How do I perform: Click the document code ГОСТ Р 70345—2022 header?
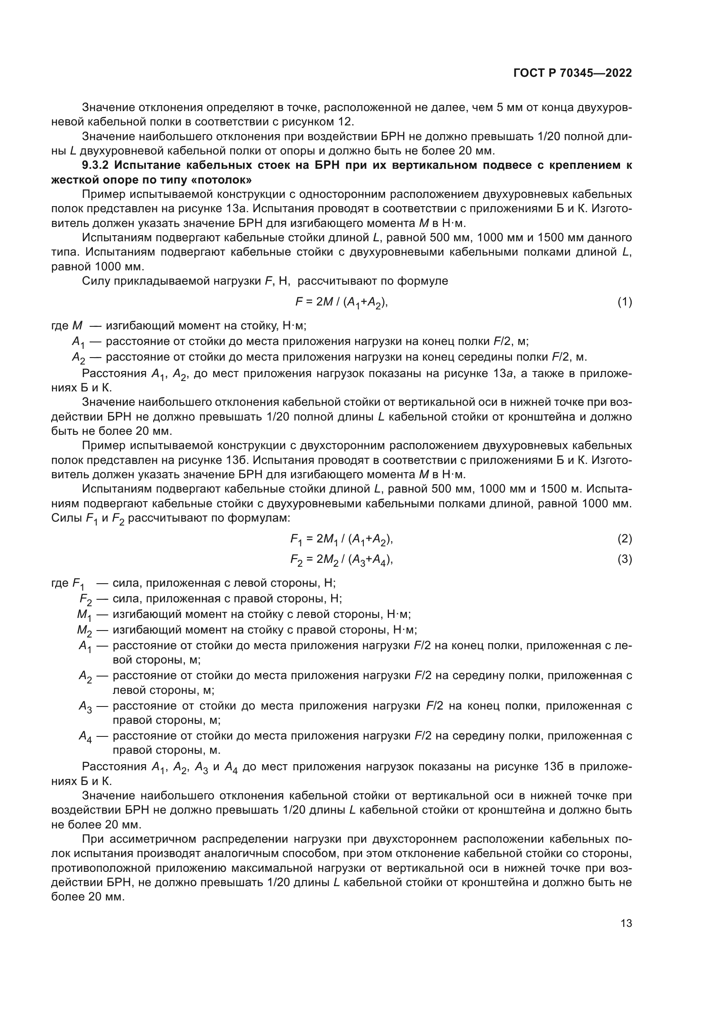coord(572,73)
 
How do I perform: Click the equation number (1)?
coord(624,302)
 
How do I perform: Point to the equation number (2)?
coord(624,539)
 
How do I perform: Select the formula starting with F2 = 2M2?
coord(341,560)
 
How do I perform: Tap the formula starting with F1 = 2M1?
coord(341,539)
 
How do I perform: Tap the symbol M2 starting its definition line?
coord(84,630)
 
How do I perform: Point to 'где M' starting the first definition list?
coord(67,326)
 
